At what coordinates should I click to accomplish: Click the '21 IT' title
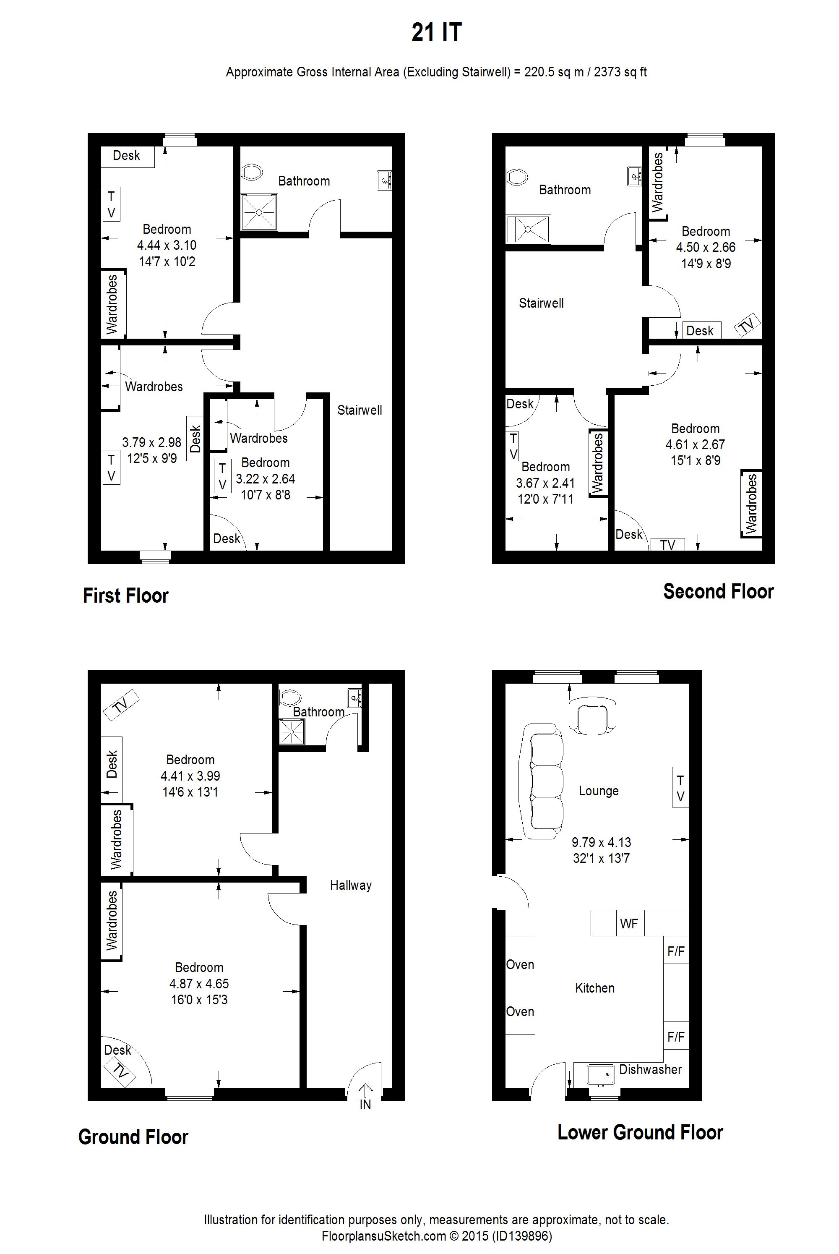tap(436, 33)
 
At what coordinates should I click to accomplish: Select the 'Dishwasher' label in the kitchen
tap(650, 1069)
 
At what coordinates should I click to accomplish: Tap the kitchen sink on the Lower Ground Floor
tap(600, 1074)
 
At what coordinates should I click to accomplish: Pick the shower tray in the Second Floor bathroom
tap(528, 229)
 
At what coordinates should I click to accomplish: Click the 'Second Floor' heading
tap(718, 591)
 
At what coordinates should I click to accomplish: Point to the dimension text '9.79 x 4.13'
tap(602, 842)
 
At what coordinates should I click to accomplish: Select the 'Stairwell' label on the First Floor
tap(360, 410)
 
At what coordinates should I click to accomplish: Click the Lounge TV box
tap(680, 788)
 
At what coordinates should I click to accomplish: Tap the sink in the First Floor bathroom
tap(384, 180)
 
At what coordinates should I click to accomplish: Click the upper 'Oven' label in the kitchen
tap(520, 964)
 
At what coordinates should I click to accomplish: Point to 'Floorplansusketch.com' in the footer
tap(384, 1236)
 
